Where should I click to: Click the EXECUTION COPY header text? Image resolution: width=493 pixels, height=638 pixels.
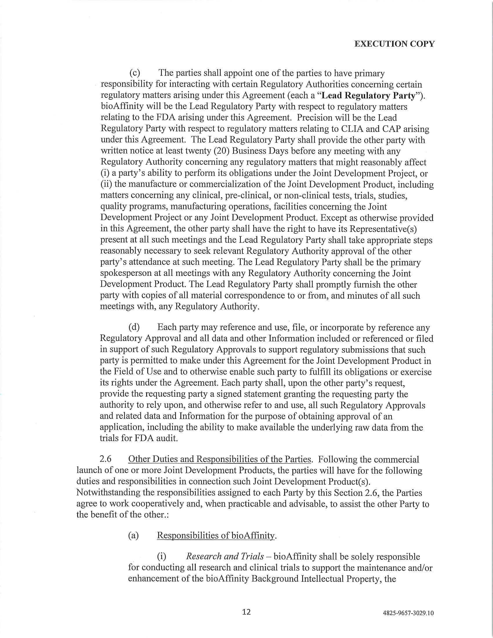(394, 44)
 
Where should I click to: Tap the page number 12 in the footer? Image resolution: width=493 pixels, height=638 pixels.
(246, 612)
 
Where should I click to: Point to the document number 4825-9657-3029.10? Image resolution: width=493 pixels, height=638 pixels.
(408, 613)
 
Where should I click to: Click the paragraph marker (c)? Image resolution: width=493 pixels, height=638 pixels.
(135, 73)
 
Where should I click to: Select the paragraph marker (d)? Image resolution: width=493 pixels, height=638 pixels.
(134, 327)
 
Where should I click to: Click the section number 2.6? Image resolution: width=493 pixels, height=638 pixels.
(106, 459)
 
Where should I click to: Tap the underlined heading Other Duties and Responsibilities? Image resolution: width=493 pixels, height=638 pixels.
(219, 459)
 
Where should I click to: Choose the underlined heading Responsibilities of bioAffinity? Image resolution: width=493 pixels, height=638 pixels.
(216, 535)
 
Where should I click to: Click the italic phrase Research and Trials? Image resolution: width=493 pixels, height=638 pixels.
(225, 556)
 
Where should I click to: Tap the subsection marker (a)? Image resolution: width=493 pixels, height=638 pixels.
(133, 535)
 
